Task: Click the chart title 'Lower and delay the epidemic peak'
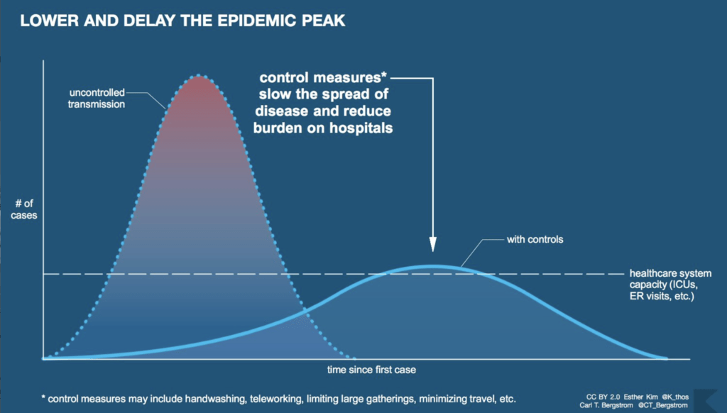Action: click(182, 21)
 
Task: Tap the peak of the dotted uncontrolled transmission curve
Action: click(200, 76)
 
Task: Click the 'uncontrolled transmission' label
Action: click(97, 99)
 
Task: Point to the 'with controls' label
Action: click(535, 239)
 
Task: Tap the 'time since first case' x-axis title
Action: click(371, 370)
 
